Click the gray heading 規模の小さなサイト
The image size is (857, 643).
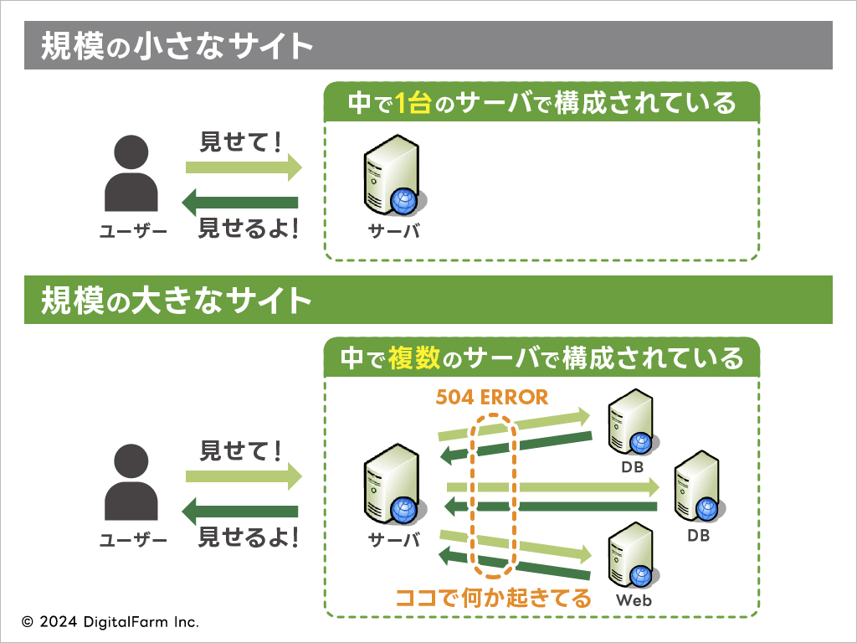pos(177,45)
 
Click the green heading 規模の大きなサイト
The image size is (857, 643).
pos(177,301)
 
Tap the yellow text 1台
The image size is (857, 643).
pos(413,102)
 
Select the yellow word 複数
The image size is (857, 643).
pos(413,358)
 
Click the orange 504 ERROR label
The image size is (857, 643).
pos(491,397)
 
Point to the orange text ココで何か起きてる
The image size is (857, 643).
pos(493,598)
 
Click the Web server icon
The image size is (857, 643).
pos(633,554)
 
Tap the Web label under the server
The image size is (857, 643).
pos(634,599)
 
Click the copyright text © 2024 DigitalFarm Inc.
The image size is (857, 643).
pos(110,622)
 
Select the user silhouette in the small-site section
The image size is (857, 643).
pos(131,173)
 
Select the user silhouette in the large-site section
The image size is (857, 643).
pos(131,481)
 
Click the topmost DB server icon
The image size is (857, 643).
pos(633,422)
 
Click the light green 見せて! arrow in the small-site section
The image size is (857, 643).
pos(244,167)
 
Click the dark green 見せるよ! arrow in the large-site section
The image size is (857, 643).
pos(240,512)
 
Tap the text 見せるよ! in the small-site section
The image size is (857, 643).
pos(249,228)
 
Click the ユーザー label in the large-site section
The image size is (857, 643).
pos(133,540)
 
